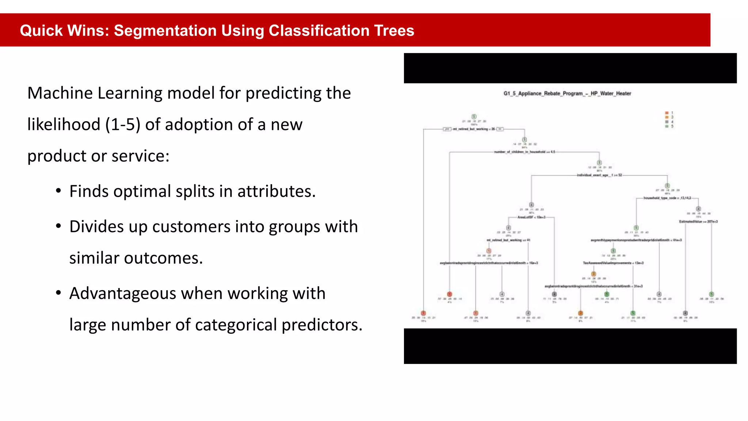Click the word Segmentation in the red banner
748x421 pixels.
click(x=165, y=30)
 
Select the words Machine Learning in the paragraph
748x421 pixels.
click(x=95, y=93)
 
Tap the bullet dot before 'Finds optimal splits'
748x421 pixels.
click(x=58, y=191)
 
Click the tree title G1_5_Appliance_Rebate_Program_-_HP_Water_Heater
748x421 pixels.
click(x=567, y=94)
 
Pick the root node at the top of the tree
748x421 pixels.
click(x=474, y=117)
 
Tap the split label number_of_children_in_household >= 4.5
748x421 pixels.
click(x=524, y=152)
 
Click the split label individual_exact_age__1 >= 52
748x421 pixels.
click(x=599, y=175)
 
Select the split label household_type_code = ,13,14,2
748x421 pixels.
click(x=667, y=198)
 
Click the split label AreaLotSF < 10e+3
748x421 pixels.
click(x=531, y=217)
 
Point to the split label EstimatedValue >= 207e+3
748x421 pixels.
click(x=698, y=221)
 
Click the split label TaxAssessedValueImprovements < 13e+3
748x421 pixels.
click(x=613, y=263)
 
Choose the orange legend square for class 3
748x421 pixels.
click(x=667, y=117)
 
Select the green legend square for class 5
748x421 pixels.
click(x=667, y=126)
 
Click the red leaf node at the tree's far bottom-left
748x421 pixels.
click(x=423, y=313)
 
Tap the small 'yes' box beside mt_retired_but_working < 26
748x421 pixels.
click(x=447, y=129)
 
